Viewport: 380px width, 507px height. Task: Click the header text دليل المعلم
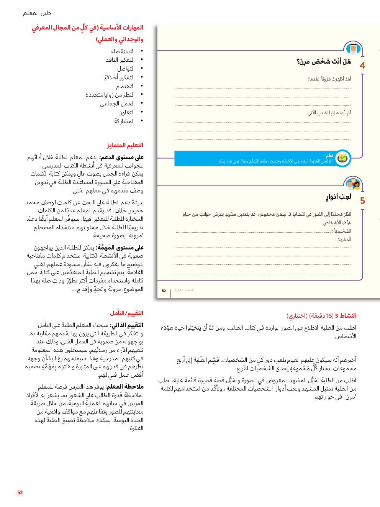click(x=37, y=13)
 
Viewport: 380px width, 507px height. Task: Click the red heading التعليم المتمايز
click(x=125, y=145)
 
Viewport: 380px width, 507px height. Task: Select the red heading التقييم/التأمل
click(x=126, y=313)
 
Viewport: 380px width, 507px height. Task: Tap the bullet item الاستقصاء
click(x=123, y=51)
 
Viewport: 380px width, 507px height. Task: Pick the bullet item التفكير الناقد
click(x=120, y=60)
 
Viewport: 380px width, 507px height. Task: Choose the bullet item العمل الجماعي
click(x=117, y=103)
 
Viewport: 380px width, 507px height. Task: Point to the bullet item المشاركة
click(x=124, y=121)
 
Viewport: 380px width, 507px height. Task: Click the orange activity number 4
click(x=362, y=66)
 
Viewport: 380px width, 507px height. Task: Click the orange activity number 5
click(x=362, y=201)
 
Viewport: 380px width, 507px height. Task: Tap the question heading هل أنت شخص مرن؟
click(x=324, y=62)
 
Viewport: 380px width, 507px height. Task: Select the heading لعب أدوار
click(x=339, y=197)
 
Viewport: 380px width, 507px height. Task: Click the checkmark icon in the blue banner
click(x=342, y=158)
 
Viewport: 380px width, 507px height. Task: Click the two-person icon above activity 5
click(x=353, y=184)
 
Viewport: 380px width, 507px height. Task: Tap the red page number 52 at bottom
click(x=20, y=492)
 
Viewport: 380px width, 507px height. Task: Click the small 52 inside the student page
click(x=164, y=291)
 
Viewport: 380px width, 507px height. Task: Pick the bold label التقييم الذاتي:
click(x=126, y=325)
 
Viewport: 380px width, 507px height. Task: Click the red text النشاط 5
click(x=346, y=316)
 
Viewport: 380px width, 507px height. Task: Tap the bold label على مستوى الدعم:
click(x=121, y=157)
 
